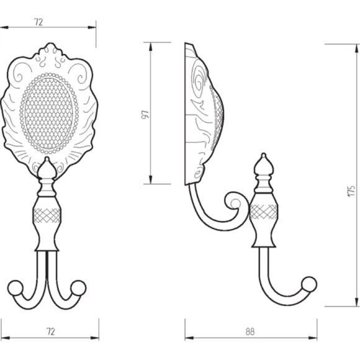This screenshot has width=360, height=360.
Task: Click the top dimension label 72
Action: pyautogui.click(x=38, y=22)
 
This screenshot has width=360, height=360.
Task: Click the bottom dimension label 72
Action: pyautogui.click(x=51, y=331)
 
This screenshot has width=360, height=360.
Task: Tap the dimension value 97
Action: pyautogui.click(x=145, y=114)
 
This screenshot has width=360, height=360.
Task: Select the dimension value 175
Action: pyautogui.click(x=351, y=191)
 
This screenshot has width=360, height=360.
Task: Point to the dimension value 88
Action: pyautogui.click(x=250, y=331)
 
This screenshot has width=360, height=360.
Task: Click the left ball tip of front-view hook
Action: pyautogui.click(x=16, y=287)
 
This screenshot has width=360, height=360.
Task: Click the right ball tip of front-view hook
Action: pyautogui.click(x=79, y=287)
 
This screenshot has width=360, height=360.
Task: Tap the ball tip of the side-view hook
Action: pyautogui.click(x=309, y=284)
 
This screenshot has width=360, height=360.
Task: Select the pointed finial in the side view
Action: pyautogui.click(x=264, y=164)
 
